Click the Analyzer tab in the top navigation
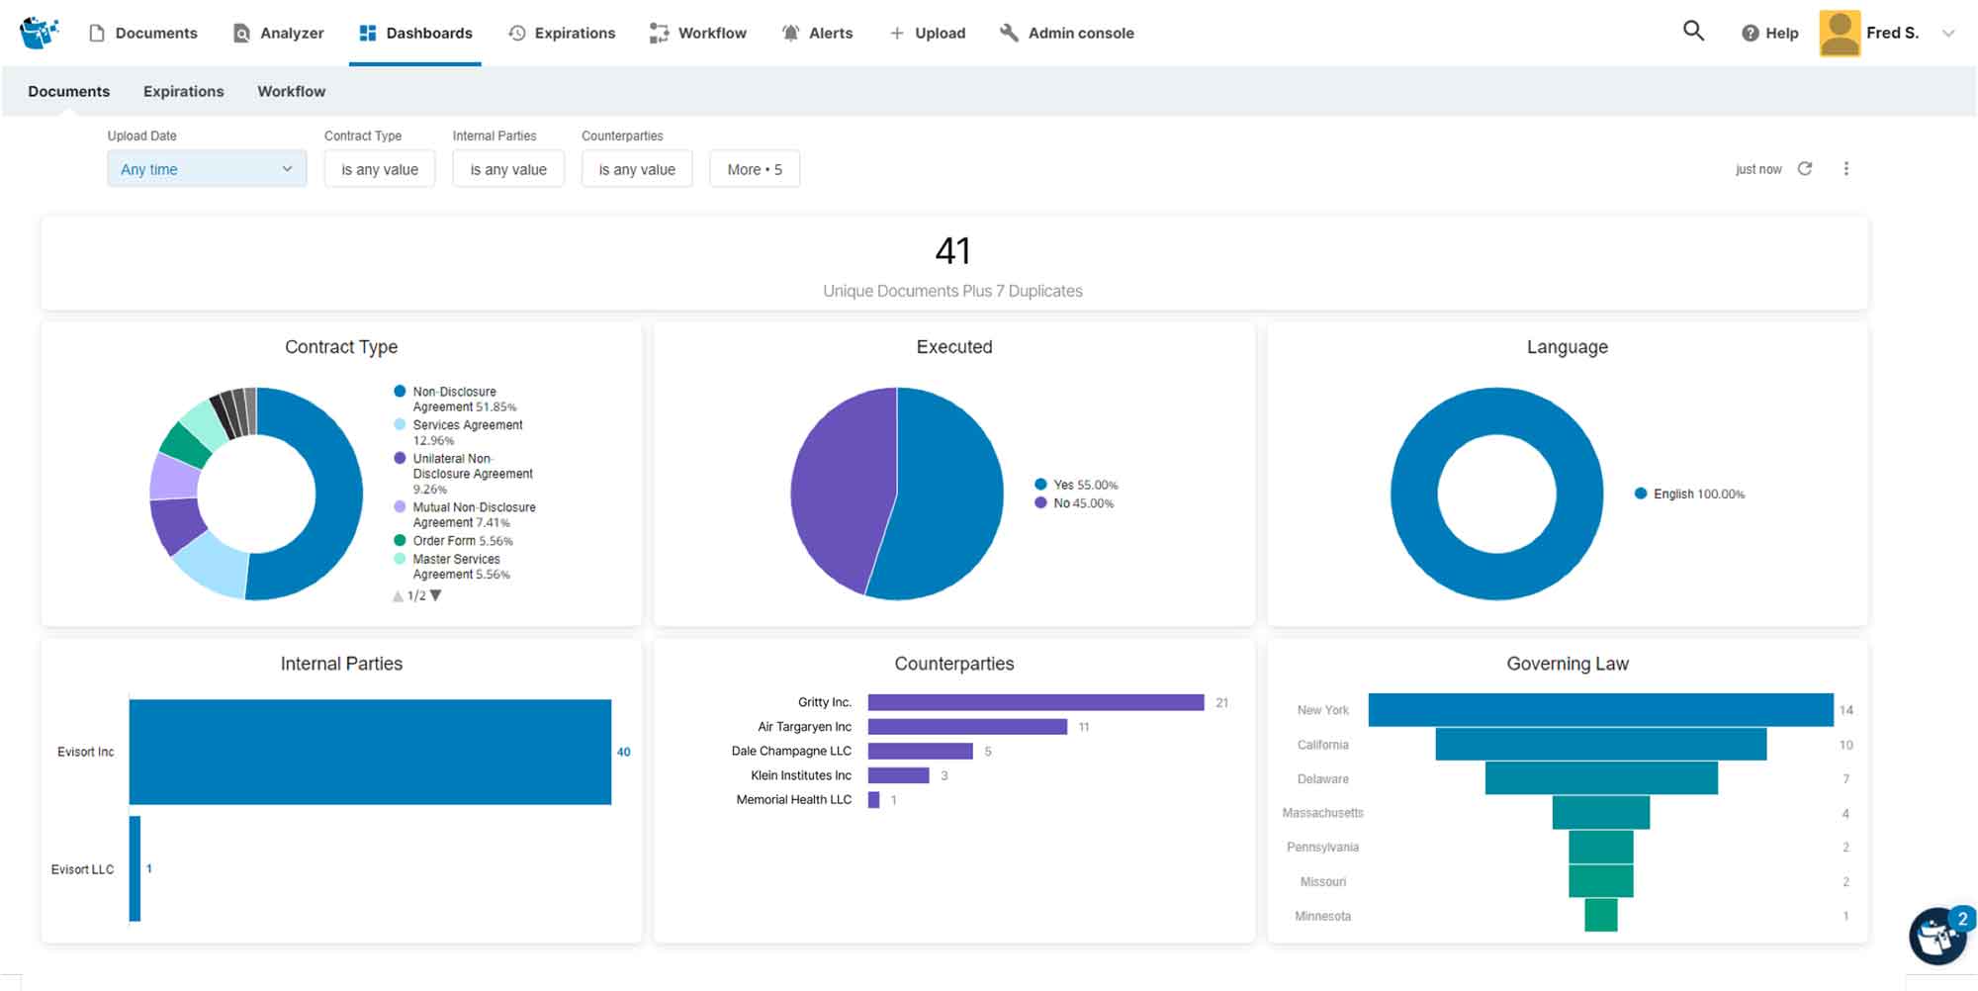pyautogui.click(x=279, y=33)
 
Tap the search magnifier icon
pyautogui.click(x=1693, y=31)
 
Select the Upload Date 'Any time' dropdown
pyautogui.click(x=207, y=169)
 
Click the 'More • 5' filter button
pyautogui.click(x=754, y=169)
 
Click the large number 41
pyautogui.click(x=952, y=251)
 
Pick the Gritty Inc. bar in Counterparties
pyautogui.click(x=1034, y=702)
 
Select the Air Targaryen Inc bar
pyautogui.click(x=966, y=727)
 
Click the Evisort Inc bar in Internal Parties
pyautogui.click(x=370, y=752)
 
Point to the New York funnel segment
pyautogui.click(x=1599, y=710)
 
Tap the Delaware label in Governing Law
pyautogui.click(x=1322, y=779)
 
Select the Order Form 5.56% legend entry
pyautogui.click(x=462, y=541)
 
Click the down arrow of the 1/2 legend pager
pyautogui.click(x=436, y=595)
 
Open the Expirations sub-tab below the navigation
pyautogui.click(x=183, y=91)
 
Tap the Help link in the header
pyautogui.click(x=1770, y=33)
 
